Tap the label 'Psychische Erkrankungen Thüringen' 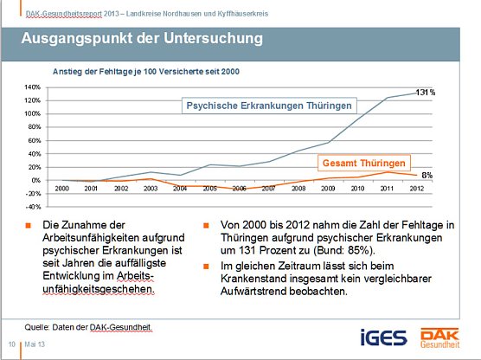(272, 106)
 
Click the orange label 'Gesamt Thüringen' (362, 162)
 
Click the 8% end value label (426, 175)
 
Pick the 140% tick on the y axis (32, 87)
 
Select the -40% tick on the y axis (32, 207)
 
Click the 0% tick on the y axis (35, 180)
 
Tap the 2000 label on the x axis (62, 188)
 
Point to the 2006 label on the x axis (239, 188)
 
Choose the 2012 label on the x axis (416, 188)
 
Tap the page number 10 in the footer (12, 344)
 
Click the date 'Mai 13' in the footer (35, 344)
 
